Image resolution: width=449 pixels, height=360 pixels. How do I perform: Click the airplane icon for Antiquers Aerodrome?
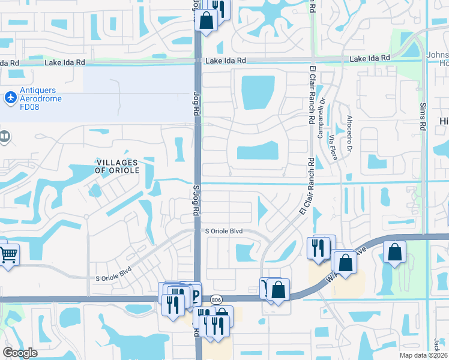[10, 97]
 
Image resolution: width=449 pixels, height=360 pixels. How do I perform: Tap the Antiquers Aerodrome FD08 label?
[41, 95]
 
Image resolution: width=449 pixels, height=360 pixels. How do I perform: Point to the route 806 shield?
[217, 298]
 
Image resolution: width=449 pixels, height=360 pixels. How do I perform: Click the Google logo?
[20, 353]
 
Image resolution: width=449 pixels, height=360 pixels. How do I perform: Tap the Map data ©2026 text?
[423, 355]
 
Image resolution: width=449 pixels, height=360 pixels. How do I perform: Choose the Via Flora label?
[331, 146]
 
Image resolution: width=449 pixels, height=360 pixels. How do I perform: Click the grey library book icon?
[4, 137]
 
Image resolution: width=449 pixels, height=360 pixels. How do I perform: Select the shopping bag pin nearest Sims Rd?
[395, 252]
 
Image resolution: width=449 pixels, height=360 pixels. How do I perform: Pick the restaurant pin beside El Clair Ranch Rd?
[318, 247]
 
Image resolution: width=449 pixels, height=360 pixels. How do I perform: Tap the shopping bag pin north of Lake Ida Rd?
[206, 20]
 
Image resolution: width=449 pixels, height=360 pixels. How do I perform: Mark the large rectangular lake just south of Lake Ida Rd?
[258, 92]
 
